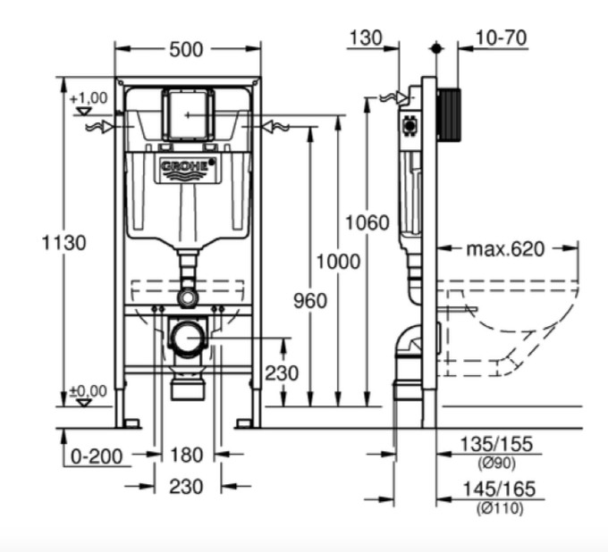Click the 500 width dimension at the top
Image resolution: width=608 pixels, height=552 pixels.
pos(186,49)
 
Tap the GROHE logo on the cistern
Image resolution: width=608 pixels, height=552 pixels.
pos(187,167)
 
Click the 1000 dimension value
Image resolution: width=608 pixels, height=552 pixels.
pos(337,261)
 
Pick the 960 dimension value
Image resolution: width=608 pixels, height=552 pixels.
pos(309,301)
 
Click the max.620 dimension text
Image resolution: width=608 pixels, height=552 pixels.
pos(505,248)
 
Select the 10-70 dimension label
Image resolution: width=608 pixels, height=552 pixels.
pos(501,38)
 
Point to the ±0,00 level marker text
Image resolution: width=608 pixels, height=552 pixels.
pos(88,390)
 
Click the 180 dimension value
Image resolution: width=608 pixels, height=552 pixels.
pos(186,456)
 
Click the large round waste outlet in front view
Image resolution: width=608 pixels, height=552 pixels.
pos(188,338)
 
